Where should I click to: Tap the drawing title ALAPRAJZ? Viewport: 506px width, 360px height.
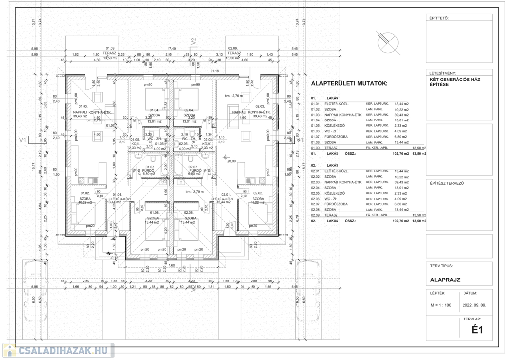tap(445, 280)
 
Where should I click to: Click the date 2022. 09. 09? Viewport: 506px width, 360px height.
tap(475, 305)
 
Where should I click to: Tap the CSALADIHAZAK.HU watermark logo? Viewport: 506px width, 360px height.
tap(58, 351)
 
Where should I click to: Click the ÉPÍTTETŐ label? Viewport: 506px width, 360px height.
tap(439, 18)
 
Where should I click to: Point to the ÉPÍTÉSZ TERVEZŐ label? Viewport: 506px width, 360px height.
tap(447, 183)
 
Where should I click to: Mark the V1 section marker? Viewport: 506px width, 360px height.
tap(22, 140)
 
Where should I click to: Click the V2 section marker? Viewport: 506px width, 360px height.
tap(194, 41)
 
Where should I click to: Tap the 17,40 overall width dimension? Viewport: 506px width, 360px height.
tap(172, 49)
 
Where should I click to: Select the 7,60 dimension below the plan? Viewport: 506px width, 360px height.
tap(172, 265)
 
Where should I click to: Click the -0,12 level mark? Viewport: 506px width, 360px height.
tap(115, 258)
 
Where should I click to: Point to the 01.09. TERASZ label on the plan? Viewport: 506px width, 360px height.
tap(110, 51)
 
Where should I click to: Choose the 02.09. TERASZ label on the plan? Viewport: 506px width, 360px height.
tap(233, 51)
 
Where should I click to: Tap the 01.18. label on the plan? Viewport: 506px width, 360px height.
tap(214, 71)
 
